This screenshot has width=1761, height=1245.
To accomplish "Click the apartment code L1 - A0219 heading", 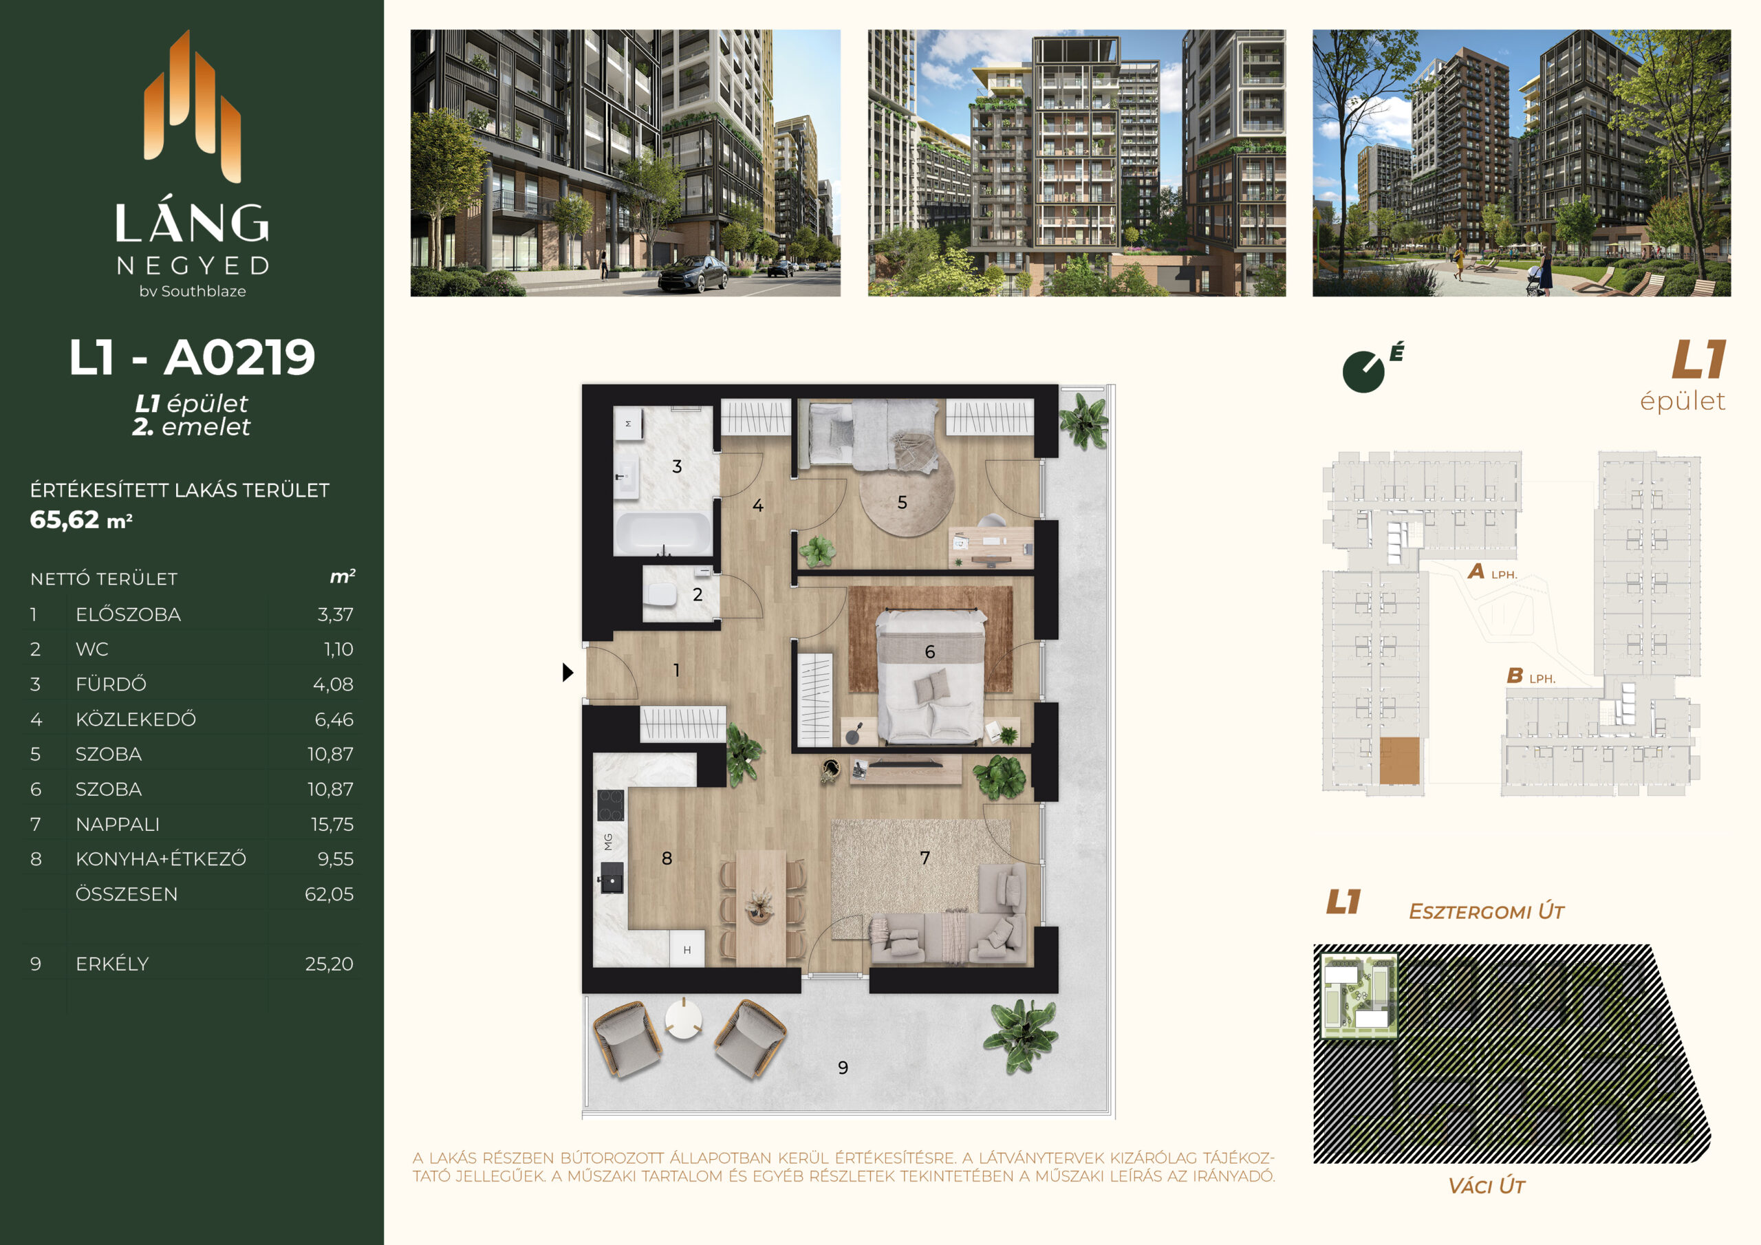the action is pos(192,358).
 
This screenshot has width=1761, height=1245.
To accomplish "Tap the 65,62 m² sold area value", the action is pos(81,520).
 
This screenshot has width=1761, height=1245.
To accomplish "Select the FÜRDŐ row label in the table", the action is pos(111,684).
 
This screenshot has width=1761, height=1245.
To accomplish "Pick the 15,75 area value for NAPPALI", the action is pos(332,824).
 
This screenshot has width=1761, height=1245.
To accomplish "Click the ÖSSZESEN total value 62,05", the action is pos(329,894).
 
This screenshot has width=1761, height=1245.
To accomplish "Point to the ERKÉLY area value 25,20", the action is pos(329,964).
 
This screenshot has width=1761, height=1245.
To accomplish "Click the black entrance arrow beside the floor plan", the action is pos(568,672).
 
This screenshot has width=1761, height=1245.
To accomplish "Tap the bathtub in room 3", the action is pos(662,533).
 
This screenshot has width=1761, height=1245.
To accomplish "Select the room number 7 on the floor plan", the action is pos(925,858).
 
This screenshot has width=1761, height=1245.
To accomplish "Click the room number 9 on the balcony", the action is pos(843,1067).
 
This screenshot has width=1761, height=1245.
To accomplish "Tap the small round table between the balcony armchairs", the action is pos(682,1019).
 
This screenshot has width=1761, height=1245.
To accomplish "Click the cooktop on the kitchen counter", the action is pos(611,805).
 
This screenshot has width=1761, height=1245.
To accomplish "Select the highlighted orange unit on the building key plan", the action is pos(1399,761).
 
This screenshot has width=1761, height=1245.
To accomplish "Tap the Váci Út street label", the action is pos(1487,1186).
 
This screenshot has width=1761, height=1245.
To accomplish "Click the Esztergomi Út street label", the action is pos(1487,911).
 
